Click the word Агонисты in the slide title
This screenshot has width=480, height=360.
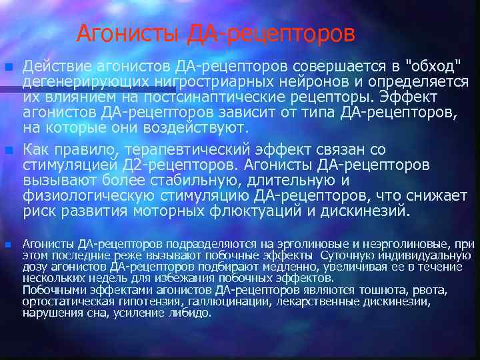129,33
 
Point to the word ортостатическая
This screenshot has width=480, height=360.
59,301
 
